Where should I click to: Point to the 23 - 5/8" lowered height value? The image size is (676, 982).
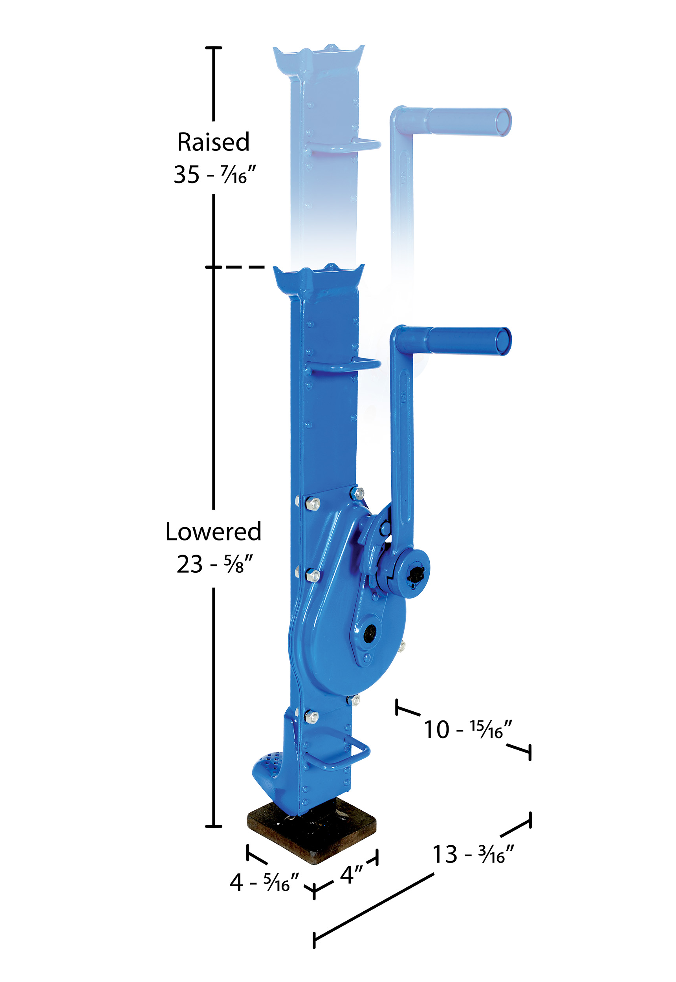click(214, 564)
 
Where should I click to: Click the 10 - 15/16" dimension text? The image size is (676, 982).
click(468, 729)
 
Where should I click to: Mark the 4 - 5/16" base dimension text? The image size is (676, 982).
click(264, 883)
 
